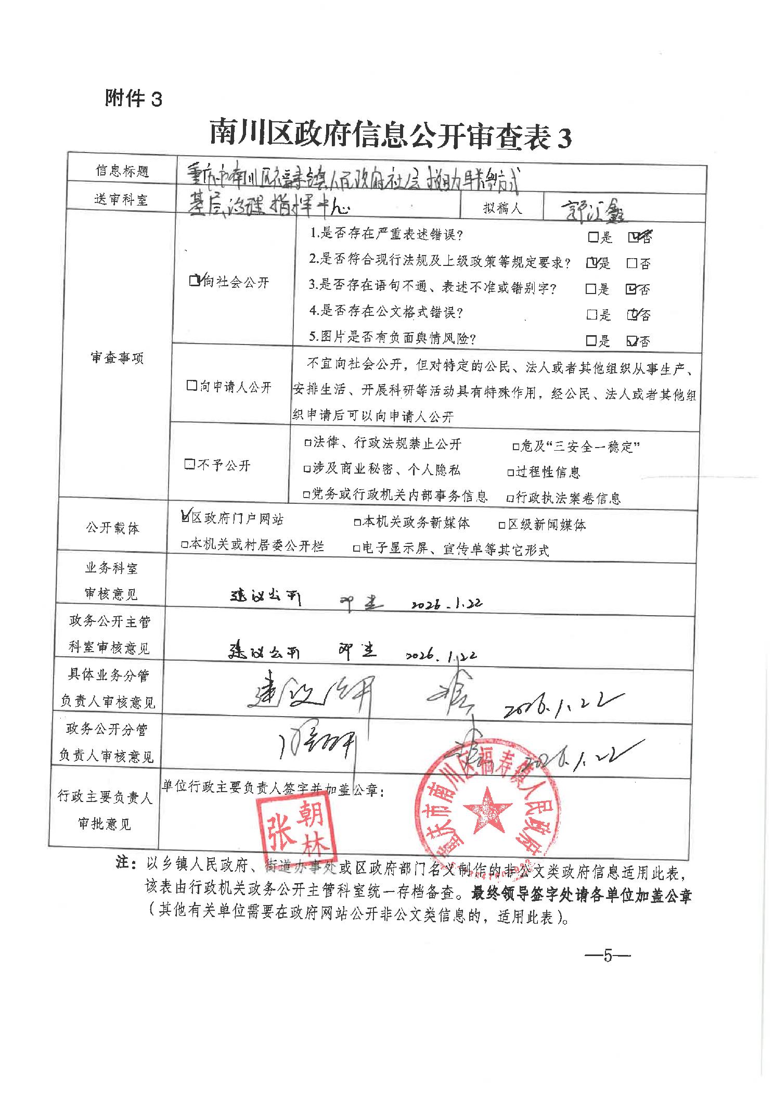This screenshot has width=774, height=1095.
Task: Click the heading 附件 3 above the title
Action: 134,98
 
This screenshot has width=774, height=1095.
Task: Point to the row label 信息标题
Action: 122,171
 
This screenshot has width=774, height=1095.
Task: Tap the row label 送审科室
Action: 121,200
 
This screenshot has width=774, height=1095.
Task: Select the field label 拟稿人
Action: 502,208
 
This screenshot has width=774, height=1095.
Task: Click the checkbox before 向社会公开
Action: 195,282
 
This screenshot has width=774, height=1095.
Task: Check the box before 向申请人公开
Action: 191,386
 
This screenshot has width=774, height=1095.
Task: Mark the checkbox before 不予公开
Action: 190,464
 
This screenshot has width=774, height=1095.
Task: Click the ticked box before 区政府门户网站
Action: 185,517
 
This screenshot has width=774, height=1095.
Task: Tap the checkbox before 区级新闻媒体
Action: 502,525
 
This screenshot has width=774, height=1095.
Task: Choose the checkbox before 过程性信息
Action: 511,473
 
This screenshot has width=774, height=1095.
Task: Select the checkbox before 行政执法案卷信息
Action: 511,499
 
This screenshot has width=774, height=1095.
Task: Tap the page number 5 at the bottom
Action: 608,956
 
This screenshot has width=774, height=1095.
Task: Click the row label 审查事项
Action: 117,358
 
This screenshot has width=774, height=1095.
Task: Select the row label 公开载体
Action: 113,528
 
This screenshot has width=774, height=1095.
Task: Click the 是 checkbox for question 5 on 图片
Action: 591,341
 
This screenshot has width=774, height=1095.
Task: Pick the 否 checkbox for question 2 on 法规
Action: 632,264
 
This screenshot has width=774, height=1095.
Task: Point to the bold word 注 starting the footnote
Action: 123,862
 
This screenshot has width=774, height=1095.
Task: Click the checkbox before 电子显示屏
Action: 357,549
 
